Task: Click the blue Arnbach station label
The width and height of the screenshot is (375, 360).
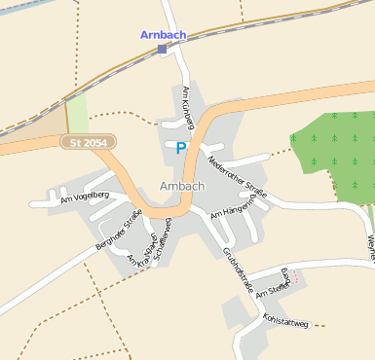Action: (163, 34)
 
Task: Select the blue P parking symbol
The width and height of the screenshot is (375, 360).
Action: (180, 148)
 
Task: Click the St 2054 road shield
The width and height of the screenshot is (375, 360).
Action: (89, 142)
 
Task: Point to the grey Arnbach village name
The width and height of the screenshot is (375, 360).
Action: (182, 186)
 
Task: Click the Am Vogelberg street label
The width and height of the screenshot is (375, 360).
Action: (84, 198)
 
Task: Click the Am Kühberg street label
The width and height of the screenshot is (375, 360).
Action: (189, 107)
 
